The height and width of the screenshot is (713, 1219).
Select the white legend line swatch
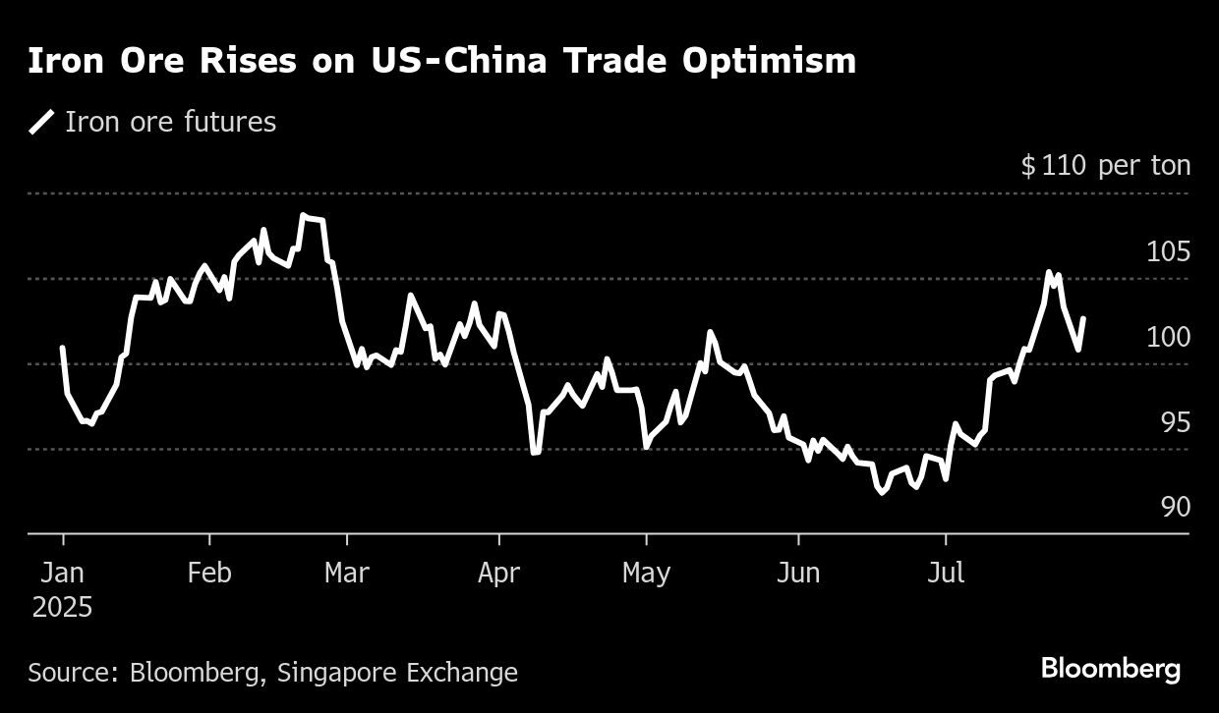(41, 123)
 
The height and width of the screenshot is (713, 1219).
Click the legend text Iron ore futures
(170, 123)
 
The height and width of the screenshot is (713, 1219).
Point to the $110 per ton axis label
(1105, 166)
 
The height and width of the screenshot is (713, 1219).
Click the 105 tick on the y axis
(1168, 252)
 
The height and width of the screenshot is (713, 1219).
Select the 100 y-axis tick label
(1168, 337)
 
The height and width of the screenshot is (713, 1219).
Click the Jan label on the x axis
(63, 573)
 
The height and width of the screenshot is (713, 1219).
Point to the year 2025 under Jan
(63, 608)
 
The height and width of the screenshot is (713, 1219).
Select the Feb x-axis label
(208, 573)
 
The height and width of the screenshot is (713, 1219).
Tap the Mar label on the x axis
(347, 573)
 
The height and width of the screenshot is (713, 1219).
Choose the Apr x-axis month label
(498, 573)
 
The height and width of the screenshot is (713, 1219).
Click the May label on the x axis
(646, 573)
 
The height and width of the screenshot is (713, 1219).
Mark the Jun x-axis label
(797, 573)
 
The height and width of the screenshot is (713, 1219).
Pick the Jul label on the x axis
(946, 573)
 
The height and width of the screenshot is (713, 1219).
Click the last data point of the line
(1083, 318)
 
